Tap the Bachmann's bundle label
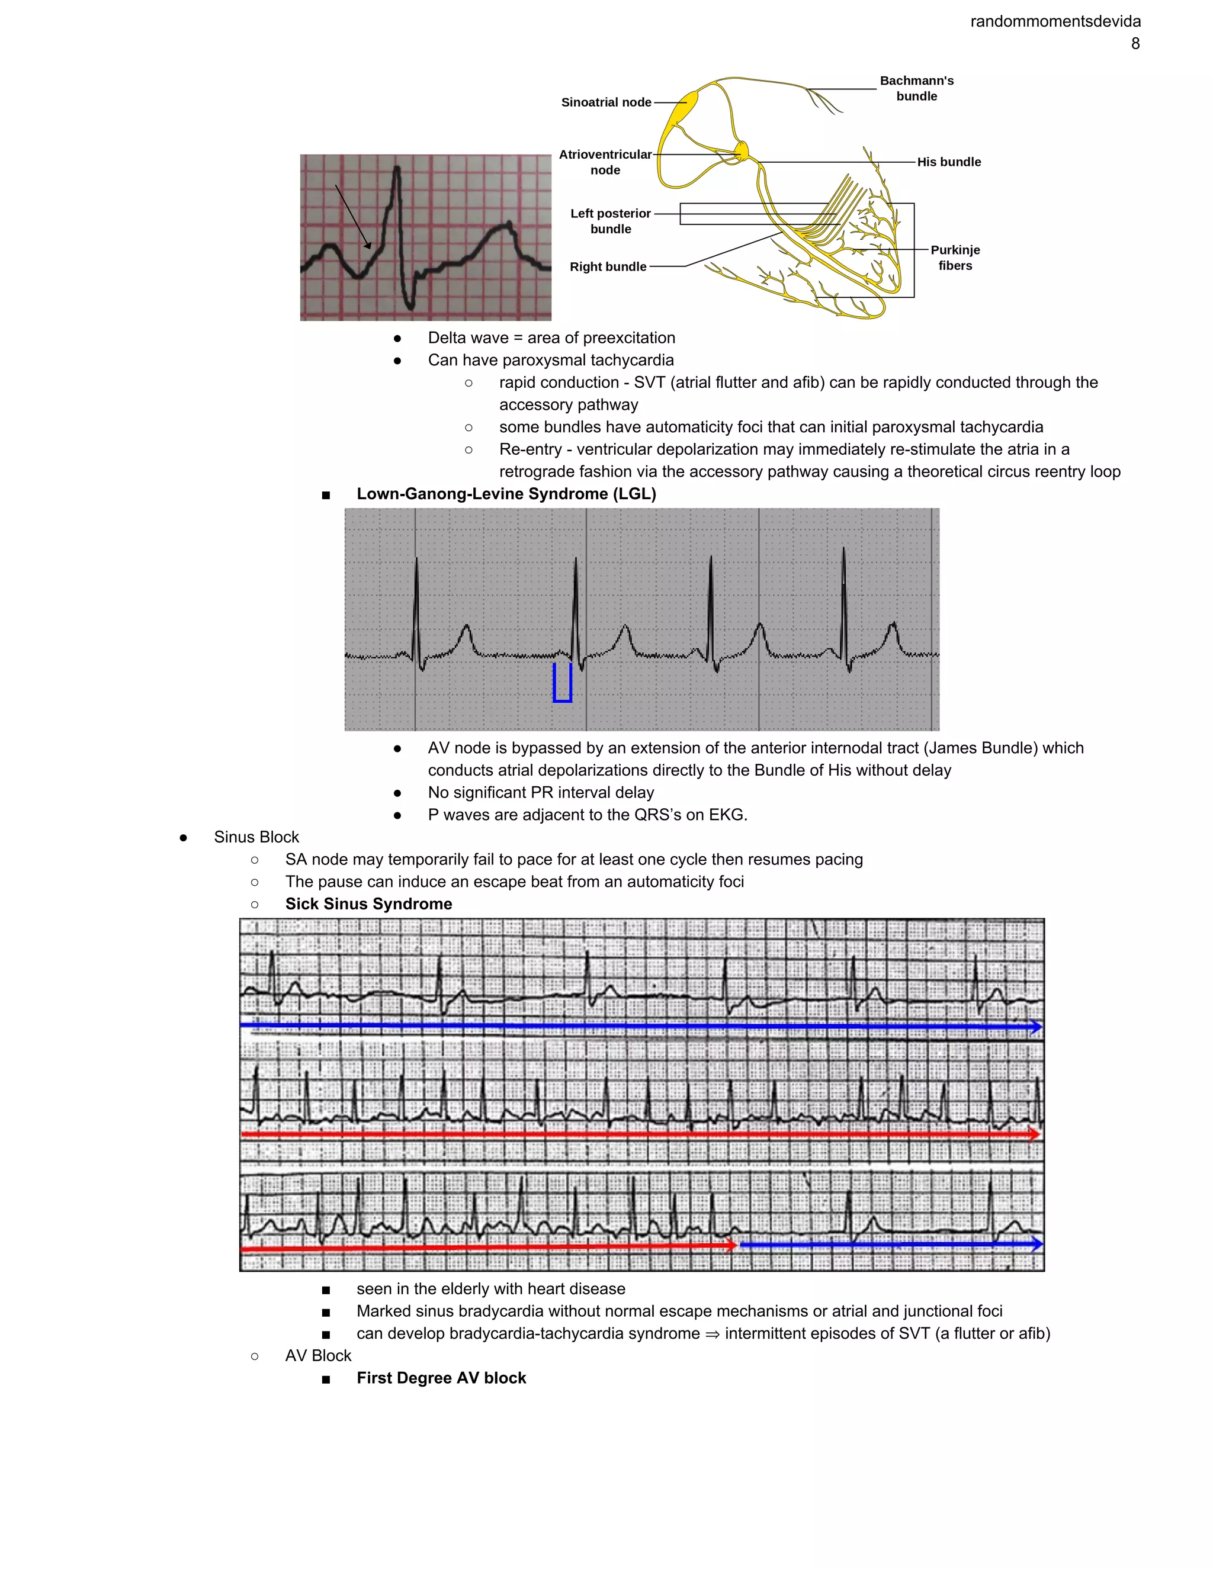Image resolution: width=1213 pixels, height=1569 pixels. pos(916,88)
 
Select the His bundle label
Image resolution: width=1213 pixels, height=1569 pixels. pos(949,162)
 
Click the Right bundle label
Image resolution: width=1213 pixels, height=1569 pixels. pos(608,266)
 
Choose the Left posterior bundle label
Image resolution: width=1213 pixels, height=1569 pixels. pos(610,221)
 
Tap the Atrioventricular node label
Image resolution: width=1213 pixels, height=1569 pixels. pos(605,162)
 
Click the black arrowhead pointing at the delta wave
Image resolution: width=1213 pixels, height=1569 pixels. pos(368,245)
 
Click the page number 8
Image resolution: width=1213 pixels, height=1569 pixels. pos(1135,44)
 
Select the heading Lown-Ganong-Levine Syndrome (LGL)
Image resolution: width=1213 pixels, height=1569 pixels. pos(506,494)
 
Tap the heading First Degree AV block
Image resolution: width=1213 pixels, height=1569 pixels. pos(441,1378)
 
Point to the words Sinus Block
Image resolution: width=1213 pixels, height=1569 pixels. pos(256,838)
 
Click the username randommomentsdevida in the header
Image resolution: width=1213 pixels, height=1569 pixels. pos(1055,21)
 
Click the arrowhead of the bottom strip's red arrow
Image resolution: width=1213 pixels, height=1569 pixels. pos(731,1245)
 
